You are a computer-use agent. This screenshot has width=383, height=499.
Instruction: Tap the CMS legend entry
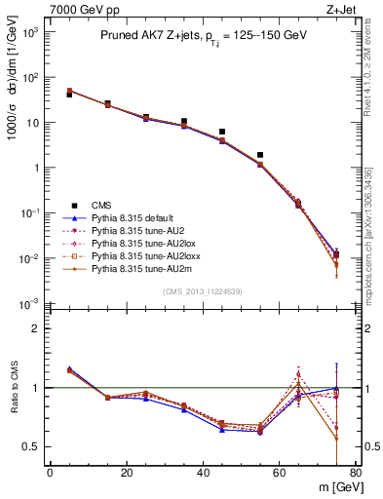tap(102, 206)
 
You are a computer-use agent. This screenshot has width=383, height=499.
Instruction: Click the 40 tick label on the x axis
tap(203, 473)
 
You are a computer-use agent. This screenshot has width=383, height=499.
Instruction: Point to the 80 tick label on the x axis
tap(356, 473)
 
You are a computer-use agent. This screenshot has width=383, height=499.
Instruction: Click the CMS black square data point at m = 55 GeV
tap(260, 155)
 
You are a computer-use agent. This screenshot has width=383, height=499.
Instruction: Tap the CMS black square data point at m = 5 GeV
tap(69, 95)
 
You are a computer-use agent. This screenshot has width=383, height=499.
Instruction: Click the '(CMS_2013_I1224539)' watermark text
tap(203, 290)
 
